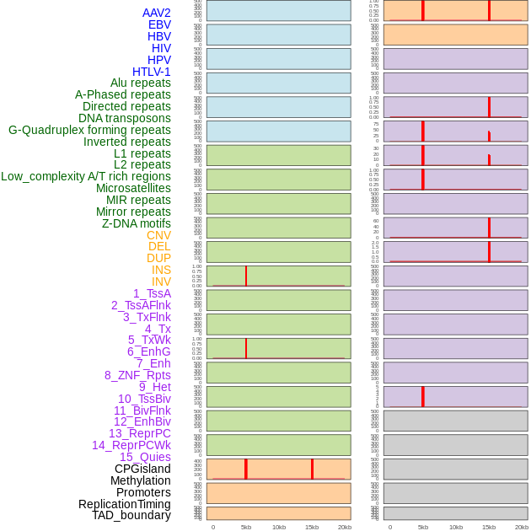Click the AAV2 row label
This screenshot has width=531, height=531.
[x=156, y=13]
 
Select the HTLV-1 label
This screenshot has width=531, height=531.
[x=151, y=72]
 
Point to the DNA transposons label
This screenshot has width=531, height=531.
[x=125, y=118]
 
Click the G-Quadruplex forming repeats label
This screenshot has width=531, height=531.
[x=89, y=130]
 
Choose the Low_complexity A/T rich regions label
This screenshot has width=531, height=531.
[x=86, y=176]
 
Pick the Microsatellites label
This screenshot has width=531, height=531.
[x=133, y=188]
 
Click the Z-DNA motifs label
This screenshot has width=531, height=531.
[x=136, y=223]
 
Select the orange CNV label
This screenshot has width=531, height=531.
[x=158, y=235]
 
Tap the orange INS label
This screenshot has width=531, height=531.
[x=161, y=270]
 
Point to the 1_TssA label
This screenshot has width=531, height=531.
[x=152, y=293]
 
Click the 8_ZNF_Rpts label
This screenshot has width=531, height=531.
[x=137, y=375]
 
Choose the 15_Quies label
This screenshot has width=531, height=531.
[x=145, y=457]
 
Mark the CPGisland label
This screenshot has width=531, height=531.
[x=142, y=469]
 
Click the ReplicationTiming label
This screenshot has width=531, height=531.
[x=125, y=504]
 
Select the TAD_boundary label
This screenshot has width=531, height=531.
[x=131, y=515]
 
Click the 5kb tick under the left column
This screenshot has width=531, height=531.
[x=246, y=527]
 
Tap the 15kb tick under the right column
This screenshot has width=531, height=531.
[x=489, y=527]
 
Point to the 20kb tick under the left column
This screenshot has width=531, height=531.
[x=345, y=527]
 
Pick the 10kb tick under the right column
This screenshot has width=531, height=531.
[x=456, y=527]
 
